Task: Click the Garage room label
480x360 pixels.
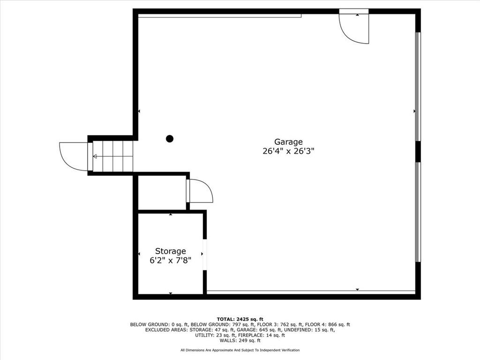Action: (x=288, y=142)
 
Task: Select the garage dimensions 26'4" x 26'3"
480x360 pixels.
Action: (x=288, y=151)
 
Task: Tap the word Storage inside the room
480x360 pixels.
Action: (x=171, y=251)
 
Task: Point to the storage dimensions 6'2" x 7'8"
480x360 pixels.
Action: (x=171, y=261)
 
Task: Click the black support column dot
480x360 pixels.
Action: (x=170, y=138)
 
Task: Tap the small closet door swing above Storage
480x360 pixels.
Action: (x=200, y=191)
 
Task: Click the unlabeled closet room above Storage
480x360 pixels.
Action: (x=162, y=193)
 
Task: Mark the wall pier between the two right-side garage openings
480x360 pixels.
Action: (x=418, y=151)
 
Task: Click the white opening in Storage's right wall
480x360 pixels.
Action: (x=205, y=254)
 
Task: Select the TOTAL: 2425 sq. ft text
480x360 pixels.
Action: (x=240, y=319)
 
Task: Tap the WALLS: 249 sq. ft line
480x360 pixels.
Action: (x=240, y=341)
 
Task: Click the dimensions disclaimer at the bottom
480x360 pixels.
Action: (x=240, y=350)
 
